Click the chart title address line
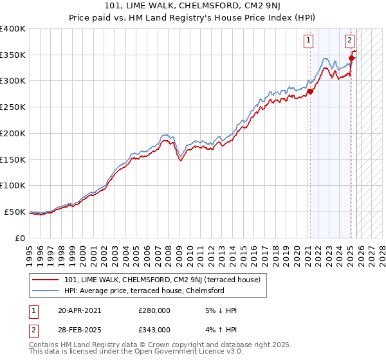click(x=192, y=6)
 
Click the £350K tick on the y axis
click(x=13, y=55)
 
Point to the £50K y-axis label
click(x=15, y=212)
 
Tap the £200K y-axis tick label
click(x=13, y=133)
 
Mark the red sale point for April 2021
click(x=310, y=91)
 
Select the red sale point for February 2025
click(x=352, y=59)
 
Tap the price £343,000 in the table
click(x=154, y=329)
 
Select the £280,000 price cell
click(x=154, y=310)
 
